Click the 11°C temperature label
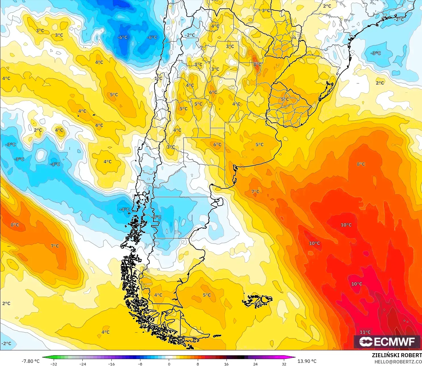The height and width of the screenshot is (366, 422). (365, 332)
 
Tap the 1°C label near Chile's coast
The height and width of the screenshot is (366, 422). (158, 78)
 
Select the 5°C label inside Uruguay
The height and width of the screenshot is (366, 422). (285, 99)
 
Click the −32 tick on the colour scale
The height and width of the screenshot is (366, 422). (53, 364)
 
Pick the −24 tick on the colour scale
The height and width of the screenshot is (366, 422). (82, 364)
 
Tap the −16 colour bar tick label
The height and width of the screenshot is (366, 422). (111, 364)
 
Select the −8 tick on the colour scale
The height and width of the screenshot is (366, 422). (140, 364)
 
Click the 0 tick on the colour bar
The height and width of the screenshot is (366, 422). (169, 364)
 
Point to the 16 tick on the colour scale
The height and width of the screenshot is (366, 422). (226, 364)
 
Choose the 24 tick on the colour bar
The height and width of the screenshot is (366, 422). (255, 364)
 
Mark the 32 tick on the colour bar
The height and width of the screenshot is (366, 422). (284, 364)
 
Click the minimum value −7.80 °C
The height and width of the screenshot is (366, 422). (31, 361)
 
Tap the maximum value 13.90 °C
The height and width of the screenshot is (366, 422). (307, 361)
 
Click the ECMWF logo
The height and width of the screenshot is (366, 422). (387, 342)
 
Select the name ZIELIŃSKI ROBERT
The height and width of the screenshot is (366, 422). (397, 355)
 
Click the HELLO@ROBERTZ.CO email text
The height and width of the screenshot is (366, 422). (398, 362)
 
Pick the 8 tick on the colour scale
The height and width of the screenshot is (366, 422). (198, 364)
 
